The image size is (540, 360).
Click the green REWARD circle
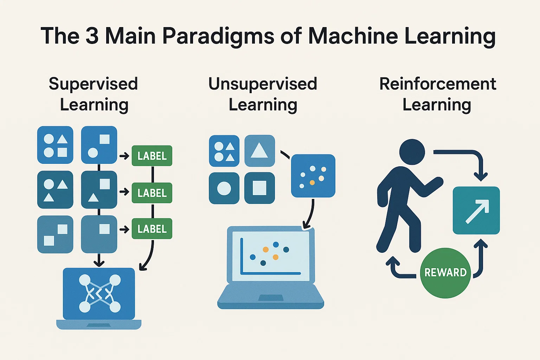tap(445, 273)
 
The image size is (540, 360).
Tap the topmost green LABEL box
tap(152, 156)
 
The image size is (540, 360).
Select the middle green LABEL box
tap(152, 193)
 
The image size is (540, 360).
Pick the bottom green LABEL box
tap(152, 229)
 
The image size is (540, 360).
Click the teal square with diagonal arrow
tap(476, 210)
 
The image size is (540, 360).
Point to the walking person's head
tap(412, 152)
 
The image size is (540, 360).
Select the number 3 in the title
tap(92, 36)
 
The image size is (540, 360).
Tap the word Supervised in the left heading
tap(93, 84)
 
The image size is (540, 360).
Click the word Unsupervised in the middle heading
tap(263, 84)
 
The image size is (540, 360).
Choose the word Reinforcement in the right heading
tap(438, 84)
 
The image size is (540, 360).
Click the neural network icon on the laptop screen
tap(99, 294)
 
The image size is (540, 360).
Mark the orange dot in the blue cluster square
tap(312, 182)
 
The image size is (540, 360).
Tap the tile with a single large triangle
tap(259, 151)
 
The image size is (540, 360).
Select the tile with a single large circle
tap(224, 188)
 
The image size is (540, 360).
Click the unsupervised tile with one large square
tap(259, 188)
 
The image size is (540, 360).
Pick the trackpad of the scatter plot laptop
tap(270, 298)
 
